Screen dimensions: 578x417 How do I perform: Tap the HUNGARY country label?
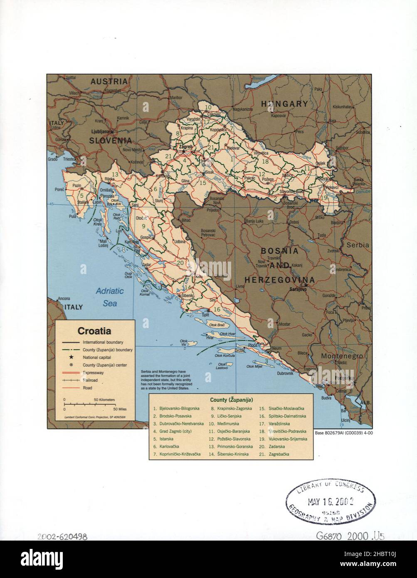(284, 104)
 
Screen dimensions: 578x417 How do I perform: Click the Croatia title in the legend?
(94, 331)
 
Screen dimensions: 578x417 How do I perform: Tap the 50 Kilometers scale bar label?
(104, 399)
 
